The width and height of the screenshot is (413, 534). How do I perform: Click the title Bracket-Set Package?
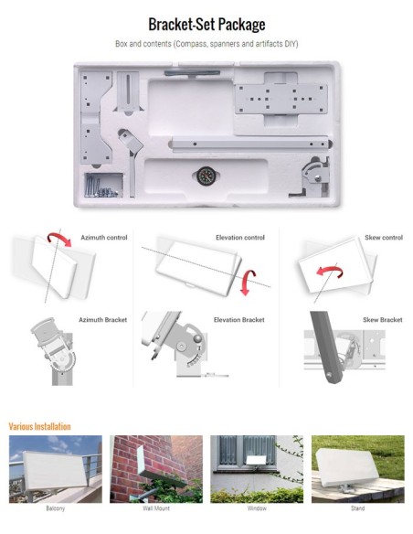(x=206, y=24)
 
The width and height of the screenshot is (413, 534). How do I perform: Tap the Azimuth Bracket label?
(x=103, y=320)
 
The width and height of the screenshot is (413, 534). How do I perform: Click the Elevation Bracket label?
(x=238, y=320)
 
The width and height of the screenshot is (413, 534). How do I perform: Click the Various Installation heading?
(x=39, y=426)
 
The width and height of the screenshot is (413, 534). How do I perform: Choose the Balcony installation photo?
(x=55, y=468)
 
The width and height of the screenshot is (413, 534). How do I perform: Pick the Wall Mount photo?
(x=155, y=468)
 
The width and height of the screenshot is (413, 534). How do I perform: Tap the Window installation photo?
(x=257, y=468)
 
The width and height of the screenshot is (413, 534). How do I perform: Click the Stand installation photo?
(x=357, y=468)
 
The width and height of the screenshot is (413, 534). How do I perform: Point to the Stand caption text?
(x=357, y=508)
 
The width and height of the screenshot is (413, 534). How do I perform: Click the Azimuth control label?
(x=103, y=237)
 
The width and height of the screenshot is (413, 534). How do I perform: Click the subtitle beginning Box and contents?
(x=206, y=44)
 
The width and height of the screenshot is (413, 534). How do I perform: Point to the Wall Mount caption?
(x=155, y=508)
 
